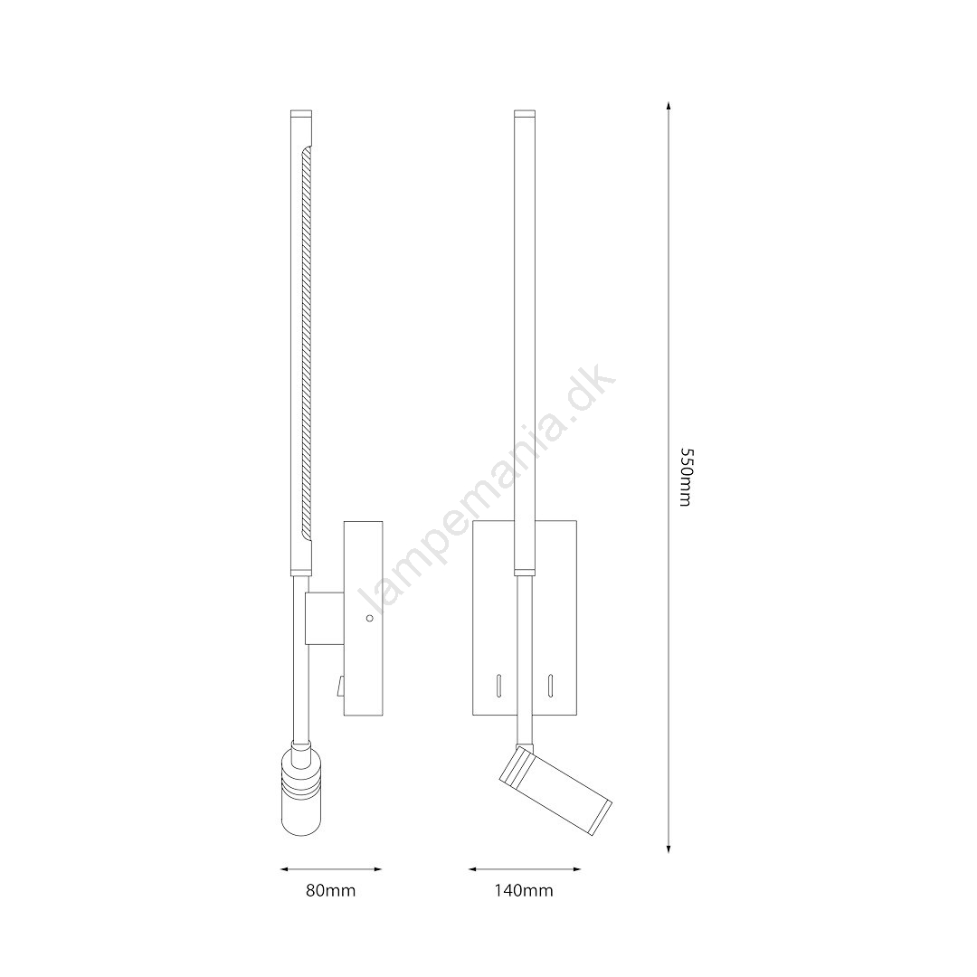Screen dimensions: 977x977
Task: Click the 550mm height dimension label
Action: pyautogui.click(x=685, y=477)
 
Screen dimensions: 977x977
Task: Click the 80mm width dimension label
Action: pyautogui.click(x=330, y=890)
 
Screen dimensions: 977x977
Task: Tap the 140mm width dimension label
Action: pyautogui.click(x=524, y=890)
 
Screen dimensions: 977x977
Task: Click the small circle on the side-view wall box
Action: pyautogui.click(x=369, y=618)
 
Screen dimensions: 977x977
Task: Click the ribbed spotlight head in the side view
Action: pyautogui.click(x=302, y=790)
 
